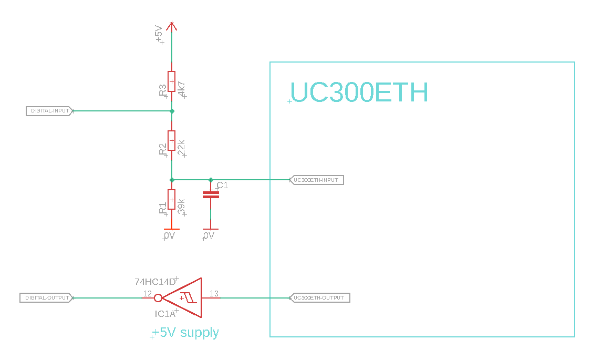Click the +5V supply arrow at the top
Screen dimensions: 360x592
click(171, 25)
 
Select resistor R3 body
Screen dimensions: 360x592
click(171, 81)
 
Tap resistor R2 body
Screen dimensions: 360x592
click(171, 141)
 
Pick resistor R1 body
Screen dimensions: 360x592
click(171, 200)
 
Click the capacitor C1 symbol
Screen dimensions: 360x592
click(211, 195)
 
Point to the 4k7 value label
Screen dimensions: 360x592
click(182, 89)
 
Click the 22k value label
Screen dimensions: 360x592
click(182, 148)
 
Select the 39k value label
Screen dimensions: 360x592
click(182, 207)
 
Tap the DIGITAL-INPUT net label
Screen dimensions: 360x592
click(49, 111)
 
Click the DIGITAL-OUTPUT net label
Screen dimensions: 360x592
click(46, 298)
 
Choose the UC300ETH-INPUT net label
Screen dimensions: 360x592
click(317, 180)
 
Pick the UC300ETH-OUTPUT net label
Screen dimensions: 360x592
click(319, 298)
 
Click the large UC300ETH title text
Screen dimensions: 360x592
click(359, 92)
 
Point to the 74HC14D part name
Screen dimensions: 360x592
click(155, 282)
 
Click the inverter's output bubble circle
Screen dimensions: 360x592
click(158, 298)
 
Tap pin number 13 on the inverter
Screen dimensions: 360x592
click(214, 294)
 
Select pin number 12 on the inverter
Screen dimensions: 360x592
click(147, 294)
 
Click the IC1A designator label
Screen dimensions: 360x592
click(164, 314)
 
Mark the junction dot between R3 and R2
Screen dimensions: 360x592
click(172, 111)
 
